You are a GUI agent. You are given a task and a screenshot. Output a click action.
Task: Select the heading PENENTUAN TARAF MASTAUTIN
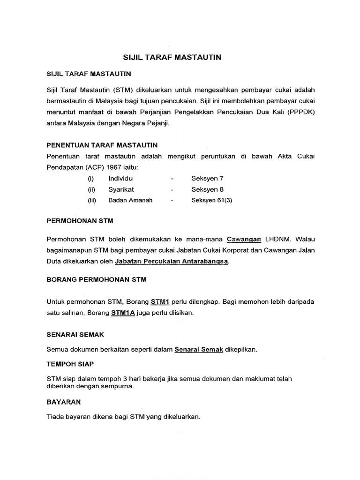[x=102, y=145]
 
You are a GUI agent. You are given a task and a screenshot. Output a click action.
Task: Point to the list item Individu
[x=120, y=179]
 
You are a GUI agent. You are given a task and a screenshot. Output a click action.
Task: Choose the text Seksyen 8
[x=204, y=189]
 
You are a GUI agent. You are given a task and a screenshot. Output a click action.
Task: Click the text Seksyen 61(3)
[x=211, y=200]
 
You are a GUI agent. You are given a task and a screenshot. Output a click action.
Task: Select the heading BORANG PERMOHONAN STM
[x=97, y=279]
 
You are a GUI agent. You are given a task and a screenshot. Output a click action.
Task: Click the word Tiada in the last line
[x=56, y=416]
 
